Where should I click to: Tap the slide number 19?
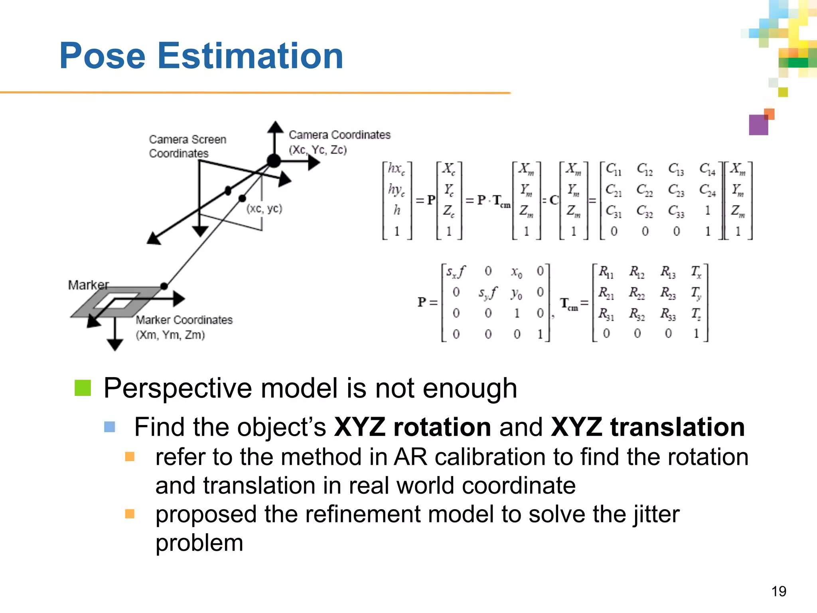click(778, 591)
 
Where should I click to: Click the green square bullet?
click(83, 388)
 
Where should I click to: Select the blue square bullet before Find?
click(110, 427)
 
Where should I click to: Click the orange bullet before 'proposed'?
click(130, 514)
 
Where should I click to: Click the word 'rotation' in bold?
click(442, 427)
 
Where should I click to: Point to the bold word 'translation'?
click(677, 427)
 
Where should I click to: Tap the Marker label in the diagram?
click(88, 285)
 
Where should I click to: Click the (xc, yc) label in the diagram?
click(264, 208)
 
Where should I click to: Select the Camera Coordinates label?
click(339, 135)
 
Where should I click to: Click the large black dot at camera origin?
click(274, 161)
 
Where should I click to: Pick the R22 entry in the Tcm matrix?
click(637, 293)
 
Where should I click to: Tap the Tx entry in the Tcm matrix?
click(696, 272)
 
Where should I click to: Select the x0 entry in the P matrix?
click(516, 272)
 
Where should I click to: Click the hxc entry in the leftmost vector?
click(396, 169)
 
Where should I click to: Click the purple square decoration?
click(758, 125)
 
